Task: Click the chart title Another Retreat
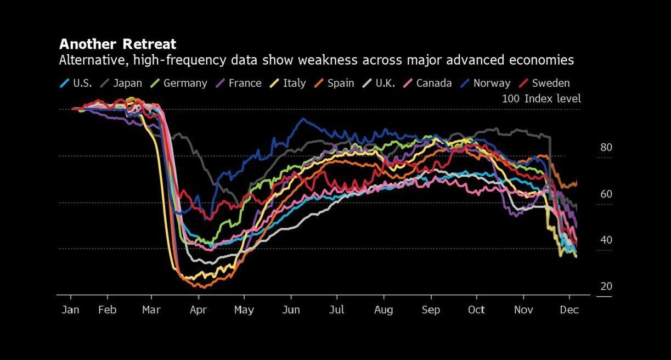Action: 117,44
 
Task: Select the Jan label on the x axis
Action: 70,310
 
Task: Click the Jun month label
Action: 291,310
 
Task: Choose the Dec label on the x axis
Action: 569,310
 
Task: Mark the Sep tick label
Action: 431,310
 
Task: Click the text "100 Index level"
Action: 541,99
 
